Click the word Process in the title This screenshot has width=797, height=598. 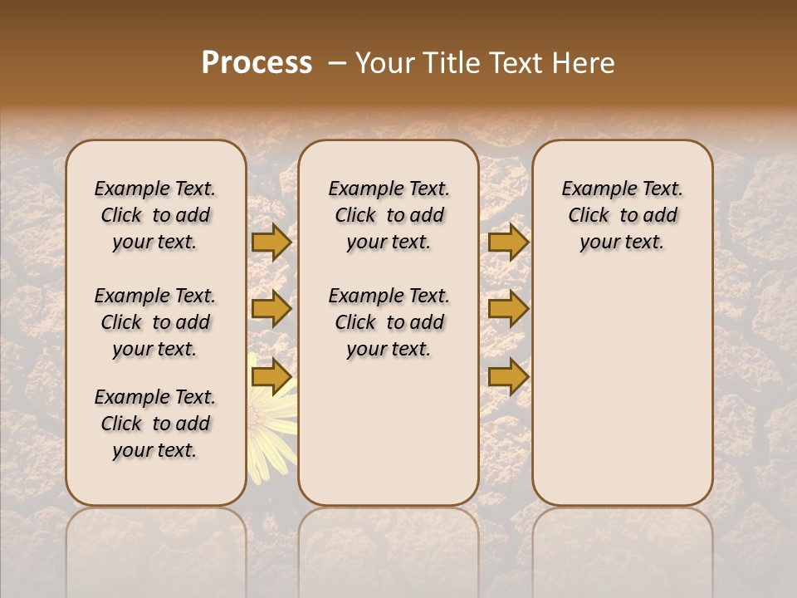[257, 62]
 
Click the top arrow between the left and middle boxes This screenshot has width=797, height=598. [271, 242]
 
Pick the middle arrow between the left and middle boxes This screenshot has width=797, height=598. [271, 309]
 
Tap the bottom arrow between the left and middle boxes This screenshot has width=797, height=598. [271, 376]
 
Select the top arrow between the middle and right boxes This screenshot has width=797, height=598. [508, 242]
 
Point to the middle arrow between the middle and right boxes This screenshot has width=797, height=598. [508, 309]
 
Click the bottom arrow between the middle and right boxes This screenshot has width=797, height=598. [508, 376]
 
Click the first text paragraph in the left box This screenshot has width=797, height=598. [155, 215]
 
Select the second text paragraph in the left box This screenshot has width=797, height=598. [155, 322]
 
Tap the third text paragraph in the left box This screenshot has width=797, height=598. [155, 424]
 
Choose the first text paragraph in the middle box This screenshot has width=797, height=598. [389, 215]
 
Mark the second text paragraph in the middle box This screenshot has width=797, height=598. [389, 322]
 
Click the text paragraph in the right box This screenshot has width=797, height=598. [623, 215]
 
